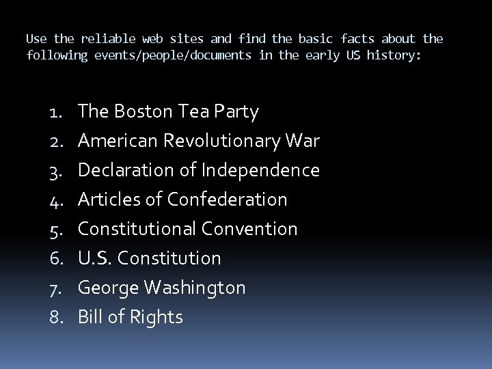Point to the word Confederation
coord(228,200)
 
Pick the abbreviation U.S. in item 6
coord(95,258)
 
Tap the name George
coord(109,288)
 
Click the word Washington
coord(196,288)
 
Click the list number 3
coord(57,171)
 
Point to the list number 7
coord(57,288)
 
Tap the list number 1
coord(57,112)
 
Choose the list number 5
coord(57,230)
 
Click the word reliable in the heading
coord(107,39)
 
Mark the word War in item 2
coord(304,141)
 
